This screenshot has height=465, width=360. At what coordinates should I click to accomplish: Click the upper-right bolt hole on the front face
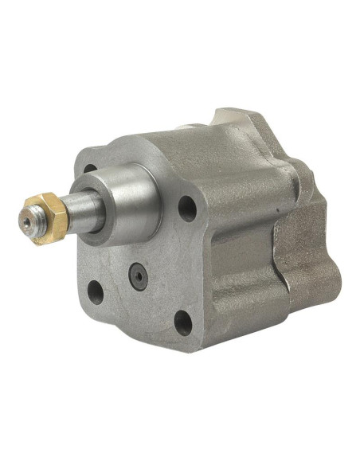pyautogui.click(x=186, y=209)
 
